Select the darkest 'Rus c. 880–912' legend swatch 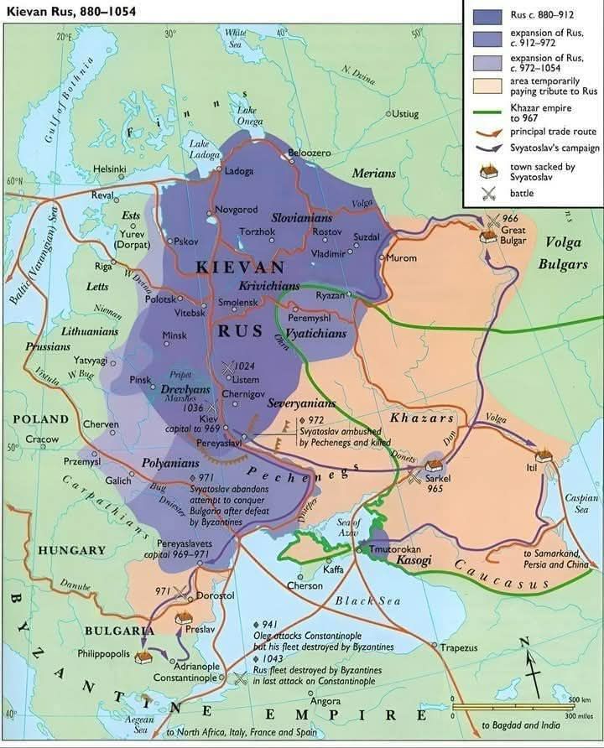tap(484, 15)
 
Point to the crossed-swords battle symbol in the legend tap(484, 193)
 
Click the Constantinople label tap(185, 677)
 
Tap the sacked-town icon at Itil tap(544, 456)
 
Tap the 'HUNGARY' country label tap(71, 551)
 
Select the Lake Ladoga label tap(205, 148)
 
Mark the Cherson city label tap(305, 585)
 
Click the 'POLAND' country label tap(40, 418)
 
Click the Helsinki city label tap(110, 169)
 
